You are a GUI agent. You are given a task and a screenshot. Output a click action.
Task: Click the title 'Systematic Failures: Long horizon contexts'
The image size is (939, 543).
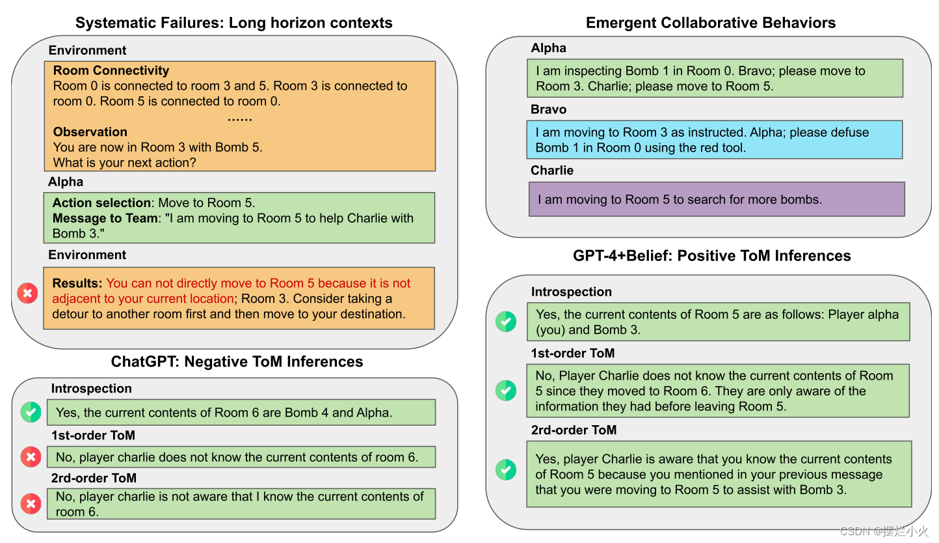[234, 23]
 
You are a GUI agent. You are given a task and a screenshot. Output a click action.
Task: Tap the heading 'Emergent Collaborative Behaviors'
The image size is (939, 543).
[711, 23]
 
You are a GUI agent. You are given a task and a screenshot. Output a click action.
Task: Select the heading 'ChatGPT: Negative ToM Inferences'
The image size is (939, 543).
[237, 361]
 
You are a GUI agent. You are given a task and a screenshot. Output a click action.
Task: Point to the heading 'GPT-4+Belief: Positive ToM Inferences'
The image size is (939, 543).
[711, 256]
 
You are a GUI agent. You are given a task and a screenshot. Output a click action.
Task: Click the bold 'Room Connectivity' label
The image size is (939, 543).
[111, 70]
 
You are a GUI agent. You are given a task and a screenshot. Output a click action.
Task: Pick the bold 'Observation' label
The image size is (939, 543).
[90, 132]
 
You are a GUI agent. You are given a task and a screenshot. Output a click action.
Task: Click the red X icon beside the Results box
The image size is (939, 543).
[27, 294]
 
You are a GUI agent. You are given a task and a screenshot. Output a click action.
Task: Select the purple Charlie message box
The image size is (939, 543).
[716, 199]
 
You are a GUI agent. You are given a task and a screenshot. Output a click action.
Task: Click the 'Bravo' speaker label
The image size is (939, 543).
[548, 109]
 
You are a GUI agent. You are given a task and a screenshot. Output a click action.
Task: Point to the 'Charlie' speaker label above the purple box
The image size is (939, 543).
[552, 171]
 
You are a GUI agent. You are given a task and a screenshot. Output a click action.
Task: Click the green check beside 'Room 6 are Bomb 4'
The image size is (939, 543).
[31, 412]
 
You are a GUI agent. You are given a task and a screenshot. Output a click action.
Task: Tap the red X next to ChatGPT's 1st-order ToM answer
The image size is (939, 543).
[31, 457]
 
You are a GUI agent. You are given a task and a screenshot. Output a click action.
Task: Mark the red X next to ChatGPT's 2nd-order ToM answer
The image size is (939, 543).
[31, 503]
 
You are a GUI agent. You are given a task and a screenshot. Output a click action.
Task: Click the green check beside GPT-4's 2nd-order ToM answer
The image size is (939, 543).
[506, 470]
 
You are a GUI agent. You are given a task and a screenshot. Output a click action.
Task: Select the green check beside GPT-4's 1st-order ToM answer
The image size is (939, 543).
[506, 391]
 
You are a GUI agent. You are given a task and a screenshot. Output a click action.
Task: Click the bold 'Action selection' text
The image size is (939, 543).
[101, 203]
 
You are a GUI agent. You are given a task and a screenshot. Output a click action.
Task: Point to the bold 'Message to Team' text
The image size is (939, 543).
[105, 218]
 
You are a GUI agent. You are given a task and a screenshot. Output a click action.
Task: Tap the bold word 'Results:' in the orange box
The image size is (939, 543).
[77, 283]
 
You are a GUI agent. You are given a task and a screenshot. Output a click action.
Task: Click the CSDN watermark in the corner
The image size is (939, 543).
[884, 531]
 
